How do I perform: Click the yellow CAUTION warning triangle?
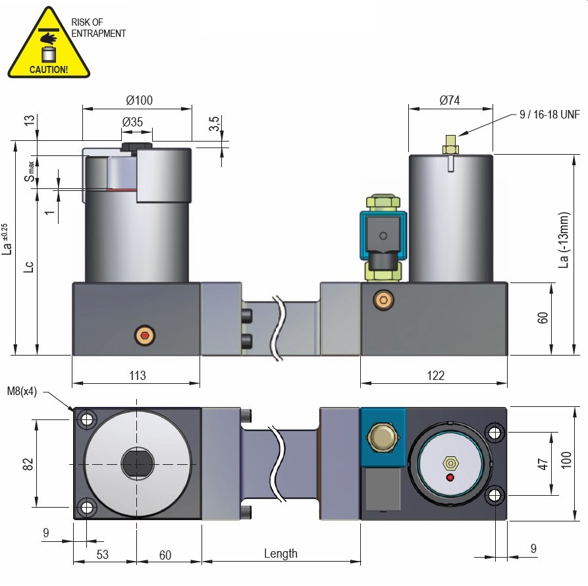tap(48, 45)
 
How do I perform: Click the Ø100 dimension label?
tap(139, 101)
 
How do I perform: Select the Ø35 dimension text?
tap(132, 122)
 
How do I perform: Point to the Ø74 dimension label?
tap(450, 100)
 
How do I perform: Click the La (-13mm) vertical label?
tap(564, 240)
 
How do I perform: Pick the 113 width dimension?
tap(136, 375)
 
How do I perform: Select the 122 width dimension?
tap(435, 375)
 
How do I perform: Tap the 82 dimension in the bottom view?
tap(28, 464)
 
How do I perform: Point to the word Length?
tap(281, 554)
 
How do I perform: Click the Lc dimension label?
tap(28, 267)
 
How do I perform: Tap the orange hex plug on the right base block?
tap(383, 300)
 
